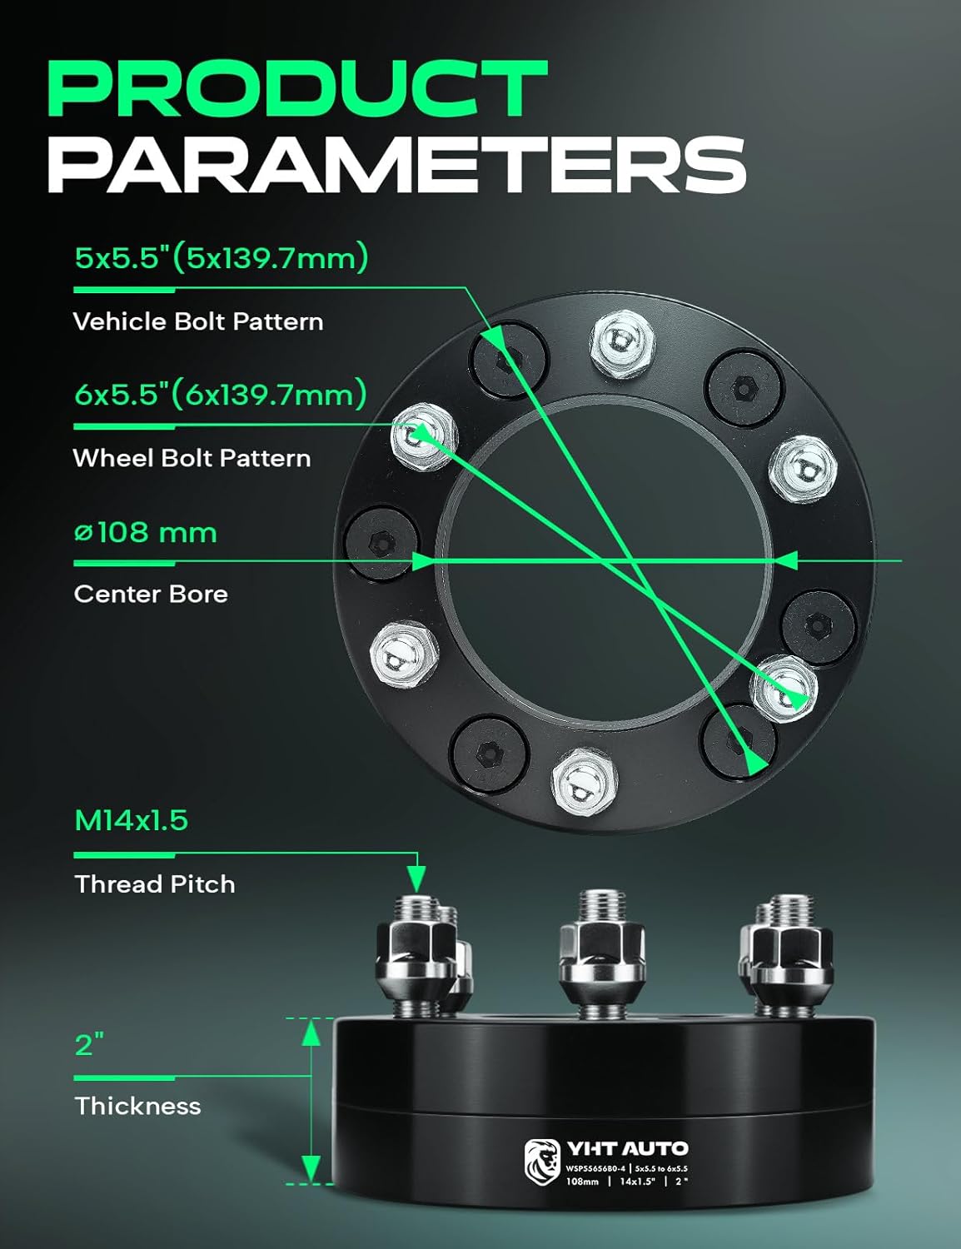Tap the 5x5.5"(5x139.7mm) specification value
tap(222, 258)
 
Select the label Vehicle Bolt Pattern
tap(198, 321)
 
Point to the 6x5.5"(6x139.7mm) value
tap(221, 394)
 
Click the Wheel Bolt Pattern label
tap(192, 458)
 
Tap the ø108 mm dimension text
tap(146, 533)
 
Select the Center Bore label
tap(151, 594)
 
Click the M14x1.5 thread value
tap(132, 821)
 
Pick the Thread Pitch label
tap(155, 883)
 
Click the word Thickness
tap(138, 1106)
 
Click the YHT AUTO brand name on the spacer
tap(627, 1149)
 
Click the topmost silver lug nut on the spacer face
tap(622, 342)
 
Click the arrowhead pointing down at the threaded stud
tap(416, 878)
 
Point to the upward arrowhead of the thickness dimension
tap(311, 1033)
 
